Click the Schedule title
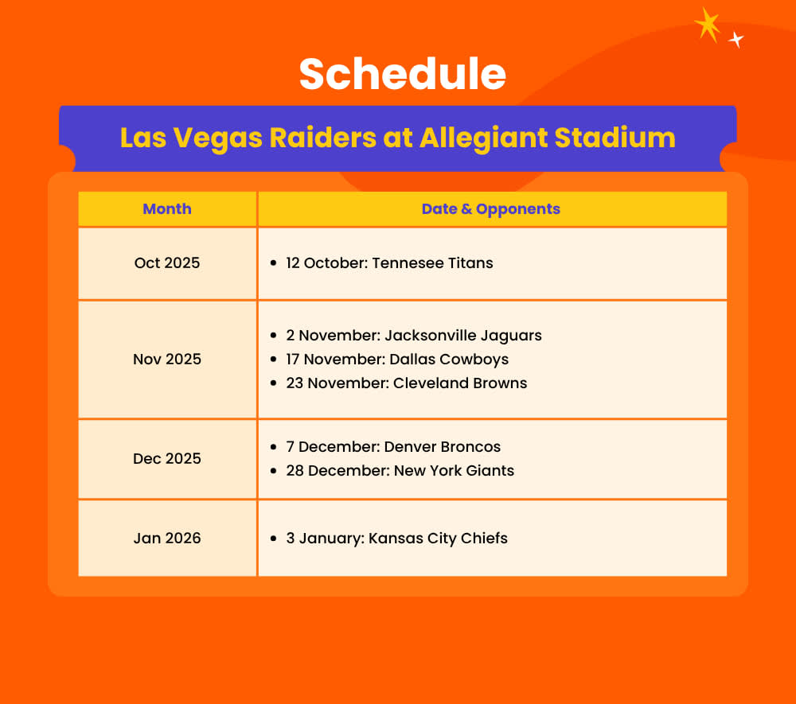[x=403, y=74]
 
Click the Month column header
[x=167, y=209]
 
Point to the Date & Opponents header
[x=491, y=209]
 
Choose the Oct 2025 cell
[x=167, y=263]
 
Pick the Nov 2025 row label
[x=167, y=359]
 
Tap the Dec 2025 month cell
[x=167, y=458]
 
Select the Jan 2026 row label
[x=167, y=539]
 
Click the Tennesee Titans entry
[x=389, y=263]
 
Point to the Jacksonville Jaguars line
[x=414, y=336]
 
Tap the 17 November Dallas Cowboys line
[x=397, y=360]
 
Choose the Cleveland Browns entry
[x=406, y=383]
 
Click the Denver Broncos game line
[x=393, y=447]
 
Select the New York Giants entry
[x=400, y=471]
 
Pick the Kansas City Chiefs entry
[x=396, y=539]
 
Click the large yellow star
[x=707, y=25]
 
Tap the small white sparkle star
[x=736, y=39]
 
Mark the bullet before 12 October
[x=274, y=263]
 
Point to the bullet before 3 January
[x=274, y=539]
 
